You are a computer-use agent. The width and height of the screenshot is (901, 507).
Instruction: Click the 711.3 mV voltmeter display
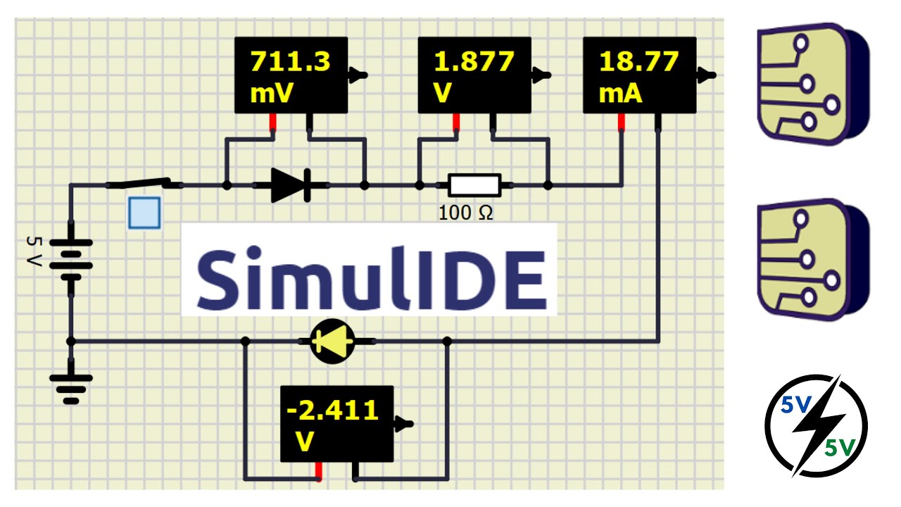pos(291,75)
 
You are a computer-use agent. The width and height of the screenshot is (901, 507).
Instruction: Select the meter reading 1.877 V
pos(474,75)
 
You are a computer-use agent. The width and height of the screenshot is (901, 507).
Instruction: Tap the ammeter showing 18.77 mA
pos(639,75)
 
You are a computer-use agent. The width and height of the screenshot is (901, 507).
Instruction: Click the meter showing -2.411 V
pos(336,424)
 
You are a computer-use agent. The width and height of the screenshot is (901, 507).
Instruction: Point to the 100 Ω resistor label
pos(465,212)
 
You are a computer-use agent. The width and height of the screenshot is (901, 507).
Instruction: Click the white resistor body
pos(474,185)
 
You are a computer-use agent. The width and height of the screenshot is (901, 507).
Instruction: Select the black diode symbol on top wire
pos(291,185)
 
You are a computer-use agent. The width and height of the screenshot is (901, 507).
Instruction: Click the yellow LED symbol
pos(332,342)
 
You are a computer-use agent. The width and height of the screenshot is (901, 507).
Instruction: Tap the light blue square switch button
pos(144,213)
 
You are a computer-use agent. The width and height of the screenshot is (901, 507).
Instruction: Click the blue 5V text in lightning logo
pos(796,406)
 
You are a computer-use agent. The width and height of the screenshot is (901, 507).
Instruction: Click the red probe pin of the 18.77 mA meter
pos(622,123)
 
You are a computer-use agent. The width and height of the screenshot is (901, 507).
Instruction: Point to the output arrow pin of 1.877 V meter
pos(541,74)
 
